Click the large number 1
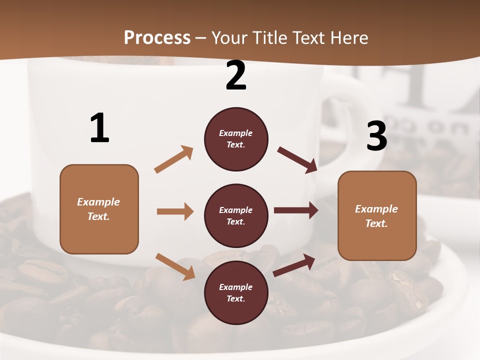pyautogui.click(x=99, y=128)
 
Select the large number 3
pyautogui.click(x=376, y=136)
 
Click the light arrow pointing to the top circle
pyautogui.click(x=174, y=159)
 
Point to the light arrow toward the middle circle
pyautogui.click(x=175, y=211)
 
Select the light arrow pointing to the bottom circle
pyautogui.click(x=175, y=266)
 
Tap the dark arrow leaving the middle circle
pyautogui.click(x=296, y=210)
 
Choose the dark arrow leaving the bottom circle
pyautogui.click(x=294, y=265)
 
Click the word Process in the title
pyautogui.click(x=157, y=38)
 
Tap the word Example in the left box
pyautogui.click(x=98, y=202)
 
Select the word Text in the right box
pyautogui.click(x=376, y=223)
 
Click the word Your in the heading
pyautogui.click(x=230, y=38)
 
